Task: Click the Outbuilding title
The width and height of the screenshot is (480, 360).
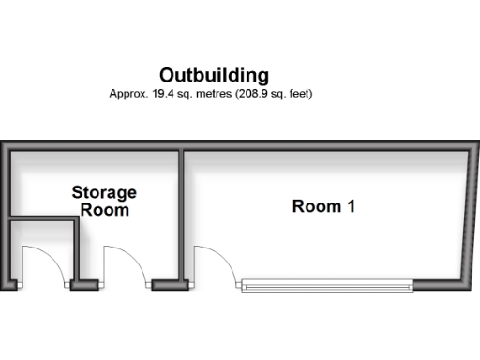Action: [x=214, y=75]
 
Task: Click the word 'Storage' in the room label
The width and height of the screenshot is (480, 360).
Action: [x=104, y=193]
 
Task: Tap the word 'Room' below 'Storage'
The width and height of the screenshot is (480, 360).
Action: [x=104, y=210]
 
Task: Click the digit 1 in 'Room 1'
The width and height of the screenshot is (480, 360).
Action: [x=350, y=206]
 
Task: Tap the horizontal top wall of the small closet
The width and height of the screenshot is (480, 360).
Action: [x=43, y=221]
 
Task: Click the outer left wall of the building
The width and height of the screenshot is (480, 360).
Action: [x=5, y=216]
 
